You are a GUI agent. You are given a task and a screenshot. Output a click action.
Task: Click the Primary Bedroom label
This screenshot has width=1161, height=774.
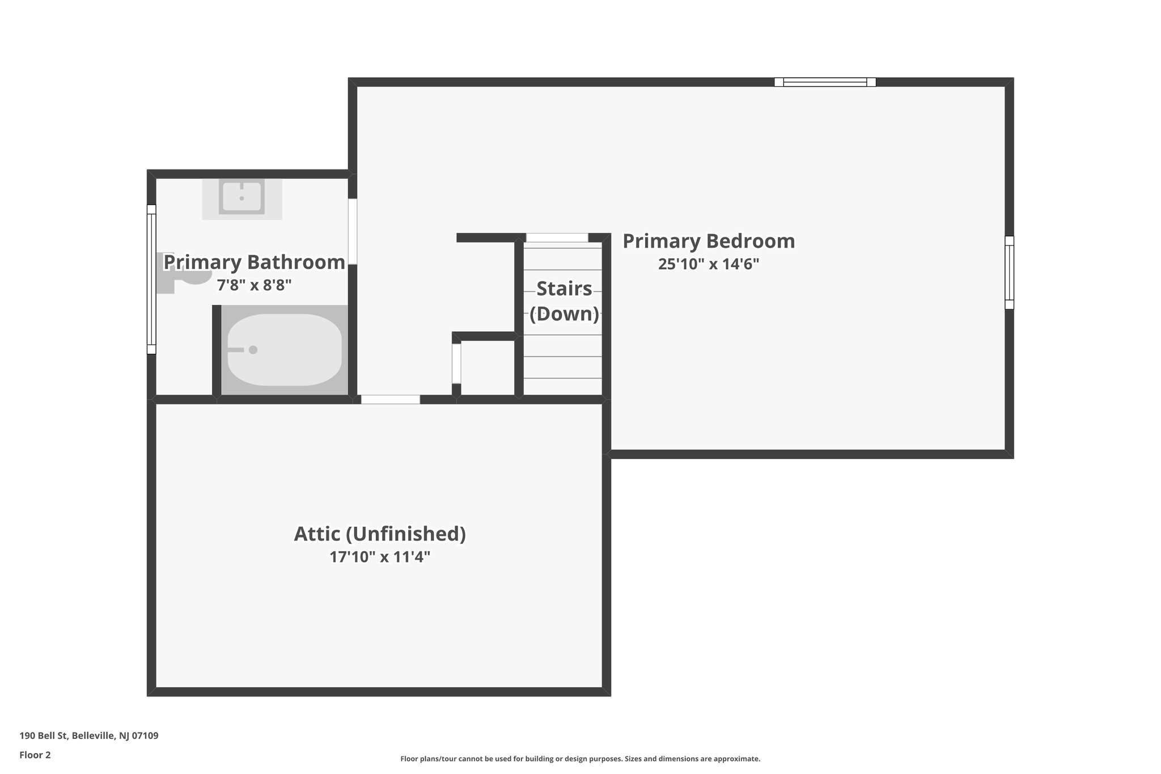[709, 242]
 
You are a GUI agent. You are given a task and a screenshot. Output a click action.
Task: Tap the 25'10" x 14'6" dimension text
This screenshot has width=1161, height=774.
[709, 264]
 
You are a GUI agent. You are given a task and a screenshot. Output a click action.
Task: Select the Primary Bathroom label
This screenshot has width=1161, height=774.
[254, 263]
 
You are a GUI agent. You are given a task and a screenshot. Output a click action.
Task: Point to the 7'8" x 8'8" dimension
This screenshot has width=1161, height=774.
[254, 285]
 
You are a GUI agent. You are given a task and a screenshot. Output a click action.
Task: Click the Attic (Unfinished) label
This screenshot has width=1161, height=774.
[380, 534]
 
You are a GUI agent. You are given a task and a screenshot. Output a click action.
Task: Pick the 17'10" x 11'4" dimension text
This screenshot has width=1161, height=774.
[380, 557]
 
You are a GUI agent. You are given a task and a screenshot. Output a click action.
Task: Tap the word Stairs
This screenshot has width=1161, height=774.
[564, 289]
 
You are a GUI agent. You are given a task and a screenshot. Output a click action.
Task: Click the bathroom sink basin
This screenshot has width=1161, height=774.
[242, 197]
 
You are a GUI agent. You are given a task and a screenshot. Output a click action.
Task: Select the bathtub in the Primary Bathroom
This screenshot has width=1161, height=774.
[284, 350]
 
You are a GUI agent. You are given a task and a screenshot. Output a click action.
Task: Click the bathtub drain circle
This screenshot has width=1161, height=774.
[253, 350]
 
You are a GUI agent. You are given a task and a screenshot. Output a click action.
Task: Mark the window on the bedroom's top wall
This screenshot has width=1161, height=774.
[825, 82]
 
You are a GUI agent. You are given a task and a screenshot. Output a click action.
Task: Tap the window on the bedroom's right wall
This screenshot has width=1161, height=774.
[1009, 272]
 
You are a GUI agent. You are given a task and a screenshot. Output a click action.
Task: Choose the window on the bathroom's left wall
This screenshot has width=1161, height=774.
[151, 279]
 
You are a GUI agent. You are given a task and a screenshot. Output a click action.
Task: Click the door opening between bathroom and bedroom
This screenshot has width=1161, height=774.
[353, 231]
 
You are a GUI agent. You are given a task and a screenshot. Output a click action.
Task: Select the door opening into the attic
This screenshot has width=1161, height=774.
[391, 400]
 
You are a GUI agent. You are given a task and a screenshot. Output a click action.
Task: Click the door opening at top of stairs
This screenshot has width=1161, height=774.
[557, 238]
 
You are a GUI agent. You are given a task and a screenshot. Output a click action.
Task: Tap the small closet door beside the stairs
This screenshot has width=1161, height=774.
[456, 363]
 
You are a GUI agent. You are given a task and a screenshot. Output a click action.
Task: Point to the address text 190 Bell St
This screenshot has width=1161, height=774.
[89, 736]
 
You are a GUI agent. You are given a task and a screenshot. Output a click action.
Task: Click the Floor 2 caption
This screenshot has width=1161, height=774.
[35, 755]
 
